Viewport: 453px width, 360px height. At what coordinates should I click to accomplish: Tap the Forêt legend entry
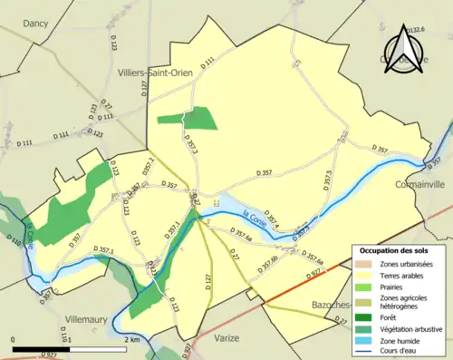point(396,316)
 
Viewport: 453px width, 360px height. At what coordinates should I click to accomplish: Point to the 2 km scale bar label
point(131,339)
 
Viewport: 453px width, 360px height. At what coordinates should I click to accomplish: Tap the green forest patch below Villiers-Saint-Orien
point(188,119)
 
